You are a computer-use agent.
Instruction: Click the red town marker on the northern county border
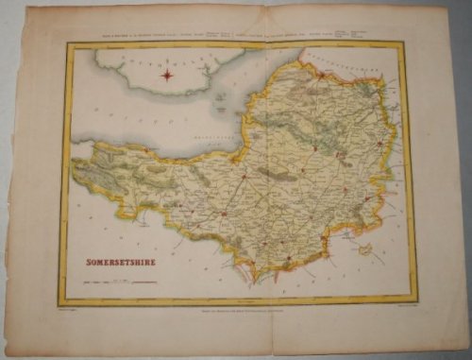coord(300,62)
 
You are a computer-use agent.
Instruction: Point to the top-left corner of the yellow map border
coord(64,43)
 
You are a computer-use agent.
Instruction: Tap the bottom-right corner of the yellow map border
coord(413,302)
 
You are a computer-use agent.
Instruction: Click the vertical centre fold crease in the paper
coord(238,189)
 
